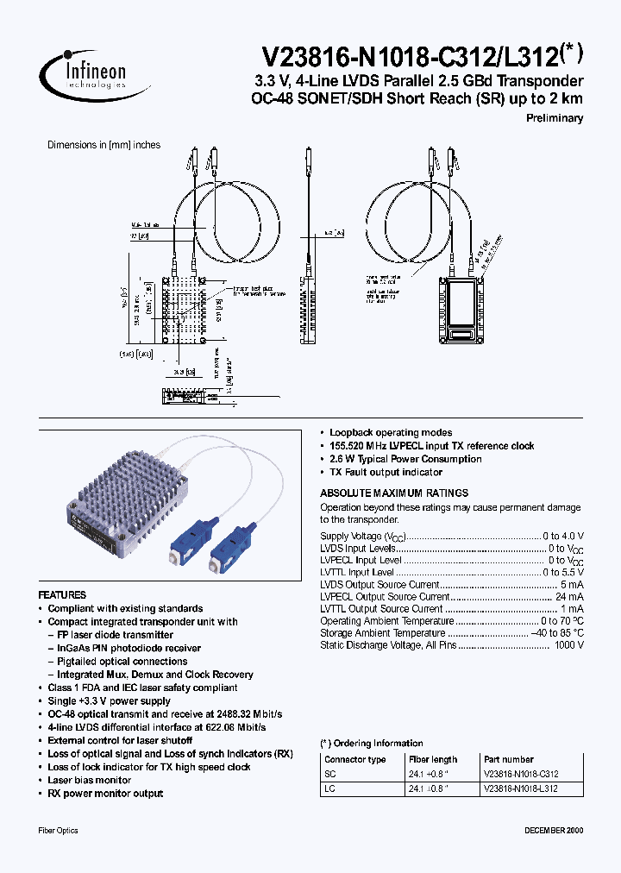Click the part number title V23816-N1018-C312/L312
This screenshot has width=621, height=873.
[422, 57]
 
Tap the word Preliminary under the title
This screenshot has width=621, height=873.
[554, 118]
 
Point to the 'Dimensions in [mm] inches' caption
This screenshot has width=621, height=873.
[103, 145]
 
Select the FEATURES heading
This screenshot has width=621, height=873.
[62, 595]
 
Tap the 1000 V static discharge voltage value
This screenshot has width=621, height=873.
[568, 644]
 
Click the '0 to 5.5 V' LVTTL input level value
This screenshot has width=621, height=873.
[563, 572]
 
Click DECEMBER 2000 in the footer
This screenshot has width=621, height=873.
[554, 830]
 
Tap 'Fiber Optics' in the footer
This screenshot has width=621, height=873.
[59, 830]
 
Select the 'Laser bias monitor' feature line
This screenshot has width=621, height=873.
[89, 780]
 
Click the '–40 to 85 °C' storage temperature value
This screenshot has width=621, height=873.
[557, 632]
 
